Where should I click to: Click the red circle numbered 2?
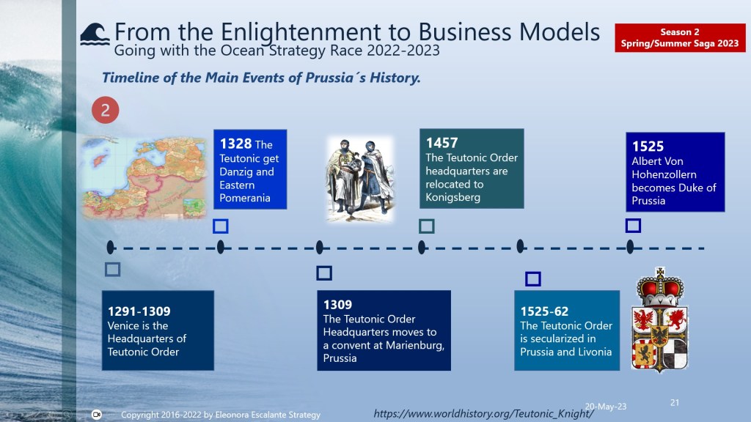106,110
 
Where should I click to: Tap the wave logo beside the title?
95,34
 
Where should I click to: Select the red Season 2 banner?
680,38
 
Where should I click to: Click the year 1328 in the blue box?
235,144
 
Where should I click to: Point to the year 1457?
442,143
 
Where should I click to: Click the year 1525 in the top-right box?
648,147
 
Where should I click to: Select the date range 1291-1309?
139,311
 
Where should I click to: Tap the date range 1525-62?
544,311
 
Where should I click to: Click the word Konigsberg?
453,197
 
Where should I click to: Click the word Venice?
123,326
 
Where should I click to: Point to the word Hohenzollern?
664,174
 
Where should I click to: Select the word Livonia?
594,352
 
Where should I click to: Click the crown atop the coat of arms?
660,286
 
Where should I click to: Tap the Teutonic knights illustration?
360,179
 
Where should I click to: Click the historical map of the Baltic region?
144,177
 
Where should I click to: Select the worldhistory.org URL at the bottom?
483,413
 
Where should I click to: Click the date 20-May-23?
605,407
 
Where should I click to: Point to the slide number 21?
675,403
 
